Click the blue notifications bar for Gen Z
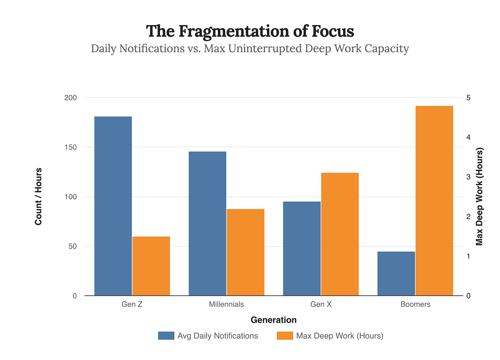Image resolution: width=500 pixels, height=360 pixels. pyautogui.click(x=113, y=206)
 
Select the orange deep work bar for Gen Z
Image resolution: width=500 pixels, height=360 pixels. pyautogui.click(x=151, y=266)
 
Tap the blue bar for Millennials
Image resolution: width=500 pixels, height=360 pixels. pyautogui.click(x=207, y=224)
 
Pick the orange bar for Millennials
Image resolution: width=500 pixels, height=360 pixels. pyautogui.click(x=246, y=252)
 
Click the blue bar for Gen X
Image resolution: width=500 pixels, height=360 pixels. pyautogui.click(x=302, y=249)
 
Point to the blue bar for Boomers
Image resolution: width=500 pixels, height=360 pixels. pyautogui.click(x=396, y=274)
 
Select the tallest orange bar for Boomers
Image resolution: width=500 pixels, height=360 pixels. pyautogui.click(x=434, y=201)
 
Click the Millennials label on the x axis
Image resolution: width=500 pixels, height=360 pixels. pyautogui.click(x=226, y=304)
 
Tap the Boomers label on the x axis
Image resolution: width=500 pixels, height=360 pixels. pyautogui.click(x=415, y=304)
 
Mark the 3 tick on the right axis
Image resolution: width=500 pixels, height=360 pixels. pyautogui.click(x=468, y=177)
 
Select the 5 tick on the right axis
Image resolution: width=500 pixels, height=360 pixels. pyautogui.click(x=468, y=98)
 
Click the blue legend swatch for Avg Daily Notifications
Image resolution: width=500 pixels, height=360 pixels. pyautogui.click(x=166, y=336)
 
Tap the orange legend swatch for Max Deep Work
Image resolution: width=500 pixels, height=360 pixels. pyautogui.click(x=285, y=336)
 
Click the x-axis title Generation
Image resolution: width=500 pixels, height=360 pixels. pyautogui.click(x=273, y=320)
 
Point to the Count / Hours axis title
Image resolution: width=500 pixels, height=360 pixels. pyautogui.click(x=38, y=196)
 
